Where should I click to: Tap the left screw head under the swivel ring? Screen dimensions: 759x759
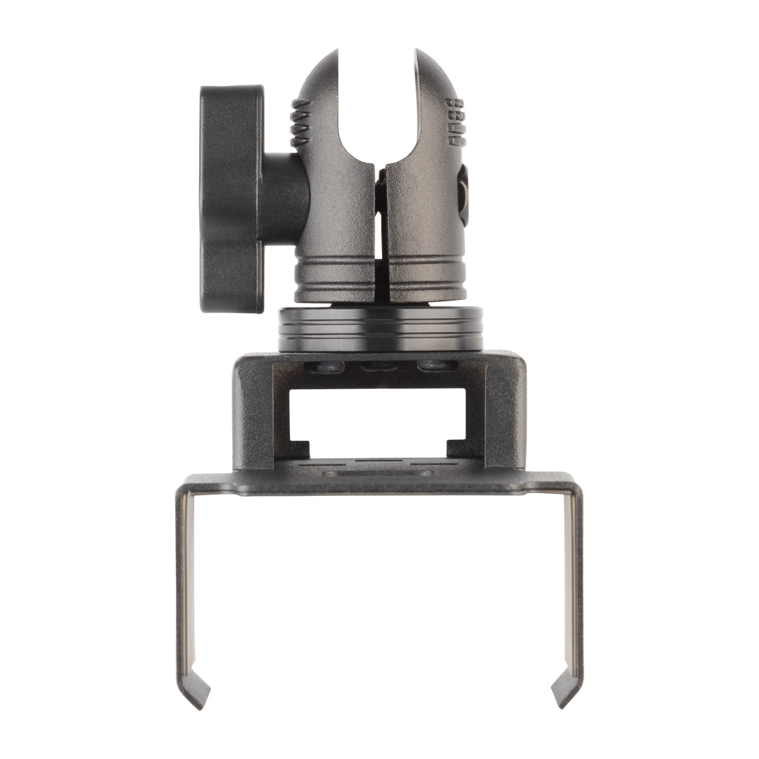[319, 366]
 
